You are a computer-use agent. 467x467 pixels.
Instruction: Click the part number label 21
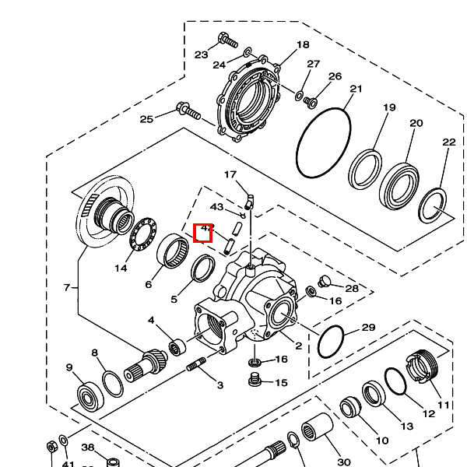[x=356, y=90]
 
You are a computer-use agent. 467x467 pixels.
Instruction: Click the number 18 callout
[x=303, y=45]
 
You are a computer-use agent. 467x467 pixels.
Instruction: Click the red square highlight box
[x=203, y=232]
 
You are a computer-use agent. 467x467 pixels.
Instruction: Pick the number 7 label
[x=67, y=288]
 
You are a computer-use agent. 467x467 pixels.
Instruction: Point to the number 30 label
[x=344, y=462]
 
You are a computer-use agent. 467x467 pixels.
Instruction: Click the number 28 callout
[x=352, y=289]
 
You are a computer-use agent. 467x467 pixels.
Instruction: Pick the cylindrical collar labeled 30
[x=315, y=428]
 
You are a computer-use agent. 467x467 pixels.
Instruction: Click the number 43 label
[x=216, y=207]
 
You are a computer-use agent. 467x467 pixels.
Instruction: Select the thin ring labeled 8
[x=113, y=383]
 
